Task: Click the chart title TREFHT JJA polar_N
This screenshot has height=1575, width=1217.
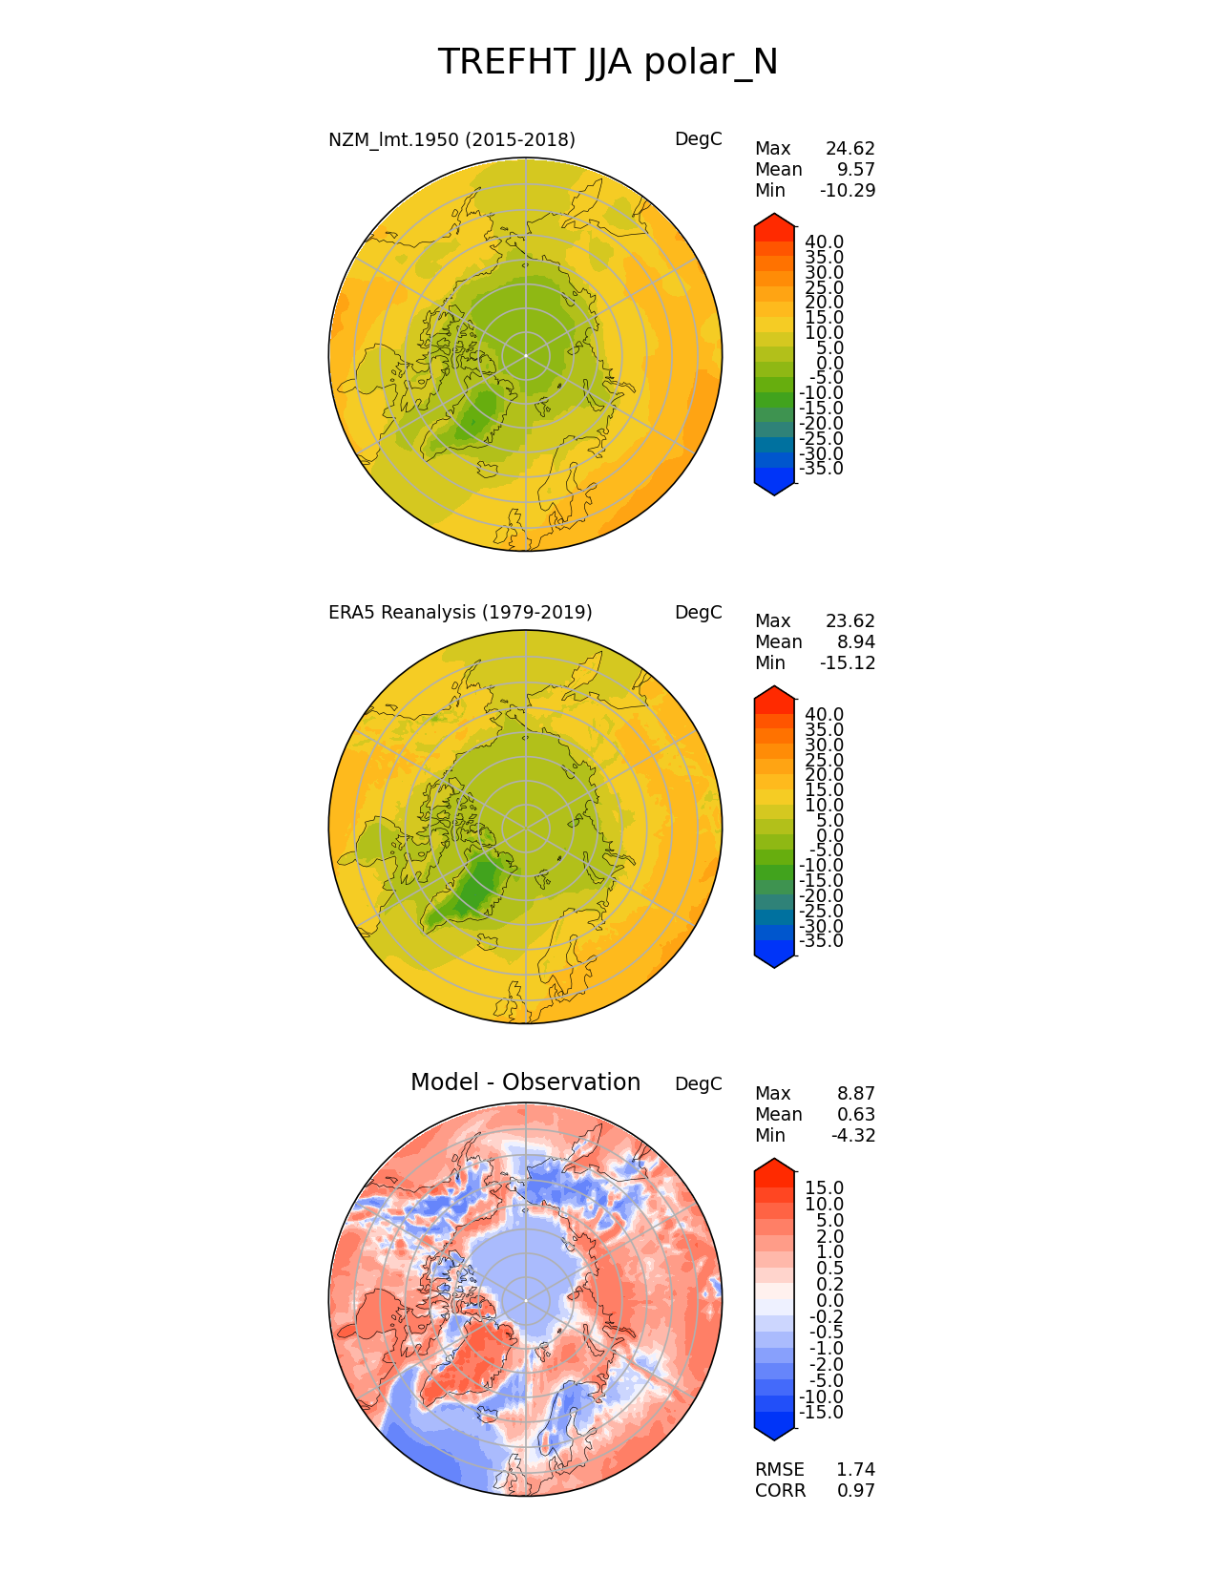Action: pos(608,63)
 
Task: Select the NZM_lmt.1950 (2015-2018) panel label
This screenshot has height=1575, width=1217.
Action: pos(451,140)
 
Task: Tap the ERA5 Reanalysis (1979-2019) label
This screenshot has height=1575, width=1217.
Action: pos(460,613)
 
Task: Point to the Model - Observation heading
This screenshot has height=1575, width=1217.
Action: pos(525,1082)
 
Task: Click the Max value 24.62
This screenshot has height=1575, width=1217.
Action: pos(850,149)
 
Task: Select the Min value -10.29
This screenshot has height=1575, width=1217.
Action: pos(848,191)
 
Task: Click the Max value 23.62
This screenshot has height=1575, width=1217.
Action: pos(850,621)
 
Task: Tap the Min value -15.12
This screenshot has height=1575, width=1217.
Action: pos(848,663)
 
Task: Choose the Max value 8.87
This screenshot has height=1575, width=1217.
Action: pos(855,1094)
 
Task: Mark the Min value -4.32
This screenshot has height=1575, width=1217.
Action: pos(853,1136)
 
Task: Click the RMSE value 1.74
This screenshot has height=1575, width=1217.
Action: pos(855,1470)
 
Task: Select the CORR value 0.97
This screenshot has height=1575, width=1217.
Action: pos(855,1491)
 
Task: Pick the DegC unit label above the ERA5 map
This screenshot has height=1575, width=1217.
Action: pos(698,613)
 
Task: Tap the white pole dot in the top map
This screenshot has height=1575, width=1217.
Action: pos(525,355)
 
